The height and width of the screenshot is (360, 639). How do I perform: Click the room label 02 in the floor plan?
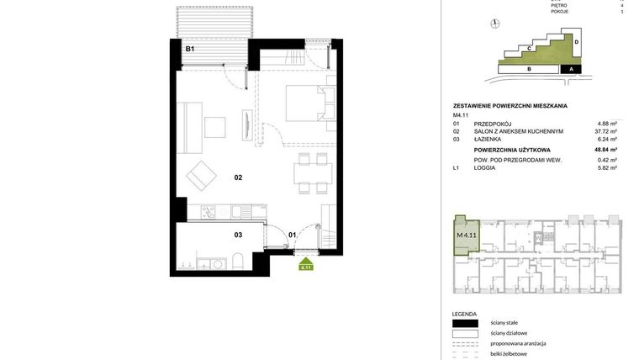click(x=238, y=177)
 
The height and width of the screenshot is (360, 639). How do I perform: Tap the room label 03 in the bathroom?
click(x=238, y=236)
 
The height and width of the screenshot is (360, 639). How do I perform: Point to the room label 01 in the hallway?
click(x=293, y=236)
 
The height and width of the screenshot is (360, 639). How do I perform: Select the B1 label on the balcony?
click(x=190, y=50)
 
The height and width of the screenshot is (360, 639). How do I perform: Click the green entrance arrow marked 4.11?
click(x=307, y=265)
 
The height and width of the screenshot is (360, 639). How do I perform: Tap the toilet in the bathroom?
click(x=237, y=261)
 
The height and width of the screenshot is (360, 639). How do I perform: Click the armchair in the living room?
click(x=202, y=175)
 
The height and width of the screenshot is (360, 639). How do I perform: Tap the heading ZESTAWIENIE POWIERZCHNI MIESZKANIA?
click(x=510, y=106)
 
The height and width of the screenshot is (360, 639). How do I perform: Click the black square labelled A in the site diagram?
click(x=571, y=70)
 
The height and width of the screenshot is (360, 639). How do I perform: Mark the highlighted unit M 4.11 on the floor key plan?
click(x=466, y=235)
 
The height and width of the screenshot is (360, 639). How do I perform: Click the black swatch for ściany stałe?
click(x=465, y=323)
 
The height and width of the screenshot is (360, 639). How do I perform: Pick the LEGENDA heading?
click(x=464, y=313)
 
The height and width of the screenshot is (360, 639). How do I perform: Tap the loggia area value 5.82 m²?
click(x=607, y=168)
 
